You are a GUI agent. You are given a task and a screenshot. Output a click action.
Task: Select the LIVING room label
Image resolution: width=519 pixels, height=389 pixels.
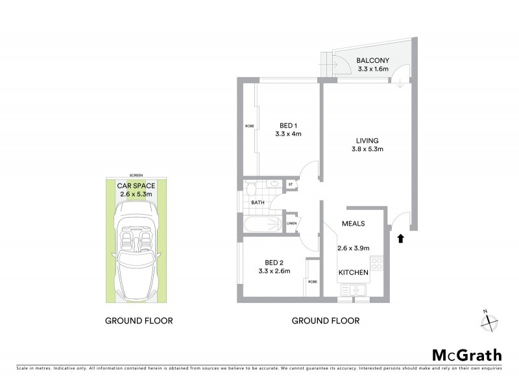(367, 141)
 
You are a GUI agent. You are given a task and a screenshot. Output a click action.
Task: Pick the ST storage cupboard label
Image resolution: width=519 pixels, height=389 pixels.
(291, 185)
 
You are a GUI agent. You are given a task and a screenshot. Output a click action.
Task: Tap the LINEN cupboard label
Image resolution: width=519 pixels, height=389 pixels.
(291, 224)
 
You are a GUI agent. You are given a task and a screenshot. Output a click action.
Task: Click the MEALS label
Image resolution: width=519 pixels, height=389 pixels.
(354, 224)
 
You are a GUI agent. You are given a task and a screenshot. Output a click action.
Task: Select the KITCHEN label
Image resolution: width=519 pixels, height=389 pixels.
(354, 272)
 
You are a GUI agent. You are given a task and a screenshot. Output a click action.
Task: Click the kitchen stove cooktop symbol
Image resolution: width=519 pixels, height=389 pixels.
(377, 265)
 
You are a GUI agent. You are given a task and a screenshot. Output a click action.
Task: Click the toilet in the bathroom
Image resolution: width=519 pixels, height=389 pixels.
(250, 189)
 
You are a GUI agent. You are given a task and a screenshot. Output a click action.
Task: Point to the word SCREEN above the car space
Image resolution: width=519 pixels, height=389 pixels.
(136, 175)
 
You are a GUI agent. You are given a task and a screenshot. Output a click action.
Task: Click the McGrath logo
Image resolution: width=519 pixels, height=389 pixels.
(466, 355)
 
